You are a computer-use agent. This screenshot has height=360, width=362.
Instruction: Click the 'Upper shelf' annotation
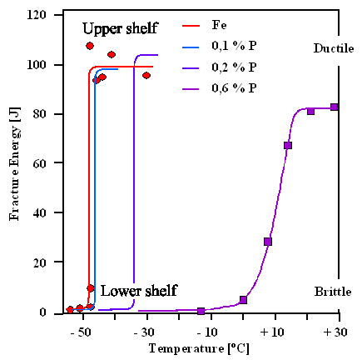(x=121, y=29)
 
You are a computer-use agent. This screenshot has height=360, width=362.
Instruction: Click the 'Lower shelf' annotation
(x=138, y=291)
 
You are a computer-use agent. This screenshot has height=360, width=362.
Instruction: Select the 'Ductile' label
(x=332, y=48)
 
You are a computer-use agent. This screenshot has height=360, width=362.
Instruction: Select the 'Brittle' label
(x=333, y=292)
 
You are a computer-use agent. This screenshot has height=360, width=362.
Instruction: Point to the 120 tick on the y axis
(x=36, y=15)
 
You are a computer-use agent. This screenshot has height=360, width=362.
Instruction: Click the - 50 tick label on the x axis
(x=81, y=332)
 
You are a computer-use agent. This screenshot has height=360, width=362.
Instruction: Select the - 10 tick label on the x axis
(x=209, y=332)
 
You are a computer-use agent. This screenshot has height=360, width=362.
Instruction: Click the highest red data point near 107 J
(x=90, y=46)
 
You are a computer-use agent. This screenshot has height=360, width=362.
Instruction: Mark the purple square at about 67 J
(x=288, y=146)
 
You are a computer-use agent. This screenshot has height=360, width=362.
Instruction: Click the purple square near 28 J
(x=268, y=242)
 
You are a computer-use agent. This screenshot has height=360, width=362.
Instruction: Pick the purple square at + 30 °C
(x=335, y=107)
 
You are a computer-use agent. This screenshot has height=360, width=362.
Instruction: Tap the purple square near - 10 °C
(x=201, y=311)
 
